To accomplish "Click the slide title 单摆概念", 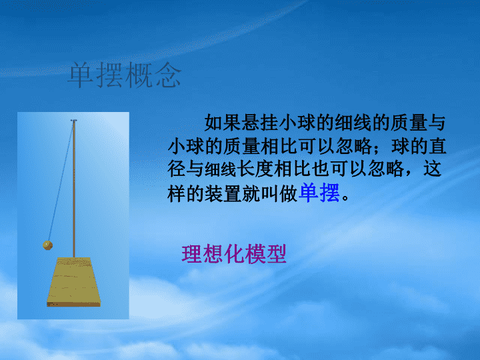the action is (124, 75).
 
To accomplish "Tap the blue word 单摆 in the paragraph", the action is (319, 193).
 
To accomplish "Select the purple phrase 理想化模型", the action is (234, 254).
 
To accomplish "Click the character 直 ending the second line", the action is (437, 146).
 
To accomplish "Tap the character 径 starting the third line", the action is (177, 169).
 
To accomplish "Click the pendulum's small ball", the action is (48, 245).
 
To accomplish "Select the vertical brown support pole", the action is (74, 189).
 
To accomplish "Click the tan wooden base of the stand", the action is (73, 282).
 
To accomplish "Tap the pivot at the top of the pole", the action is (74, 121).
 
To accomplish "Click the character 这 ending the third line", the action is (432, 169).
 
